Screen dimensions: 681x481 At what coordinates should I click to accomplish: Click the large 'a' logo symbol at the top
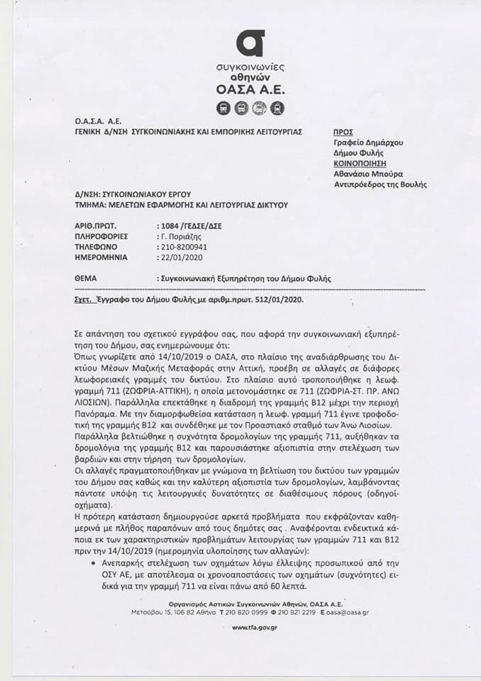(250, 43)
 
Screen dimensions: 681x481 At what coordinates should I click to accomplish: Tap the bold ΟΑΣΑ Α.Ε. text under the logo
(249, 89)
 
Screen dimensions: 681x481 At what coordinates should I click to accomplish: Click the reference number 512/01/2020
(273, 301)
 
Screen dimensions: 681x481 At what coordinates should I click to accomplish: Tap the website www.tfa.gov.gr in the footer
(254, 627)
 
